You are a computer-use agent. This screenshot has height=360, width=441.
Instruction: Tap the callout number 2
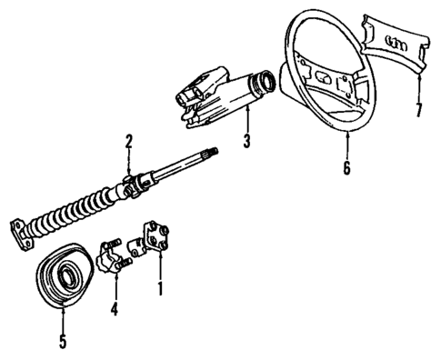click(x=129, y=141)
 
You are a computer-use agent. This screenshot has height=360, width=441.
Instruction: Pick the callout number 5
click(x=63, y=345)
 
